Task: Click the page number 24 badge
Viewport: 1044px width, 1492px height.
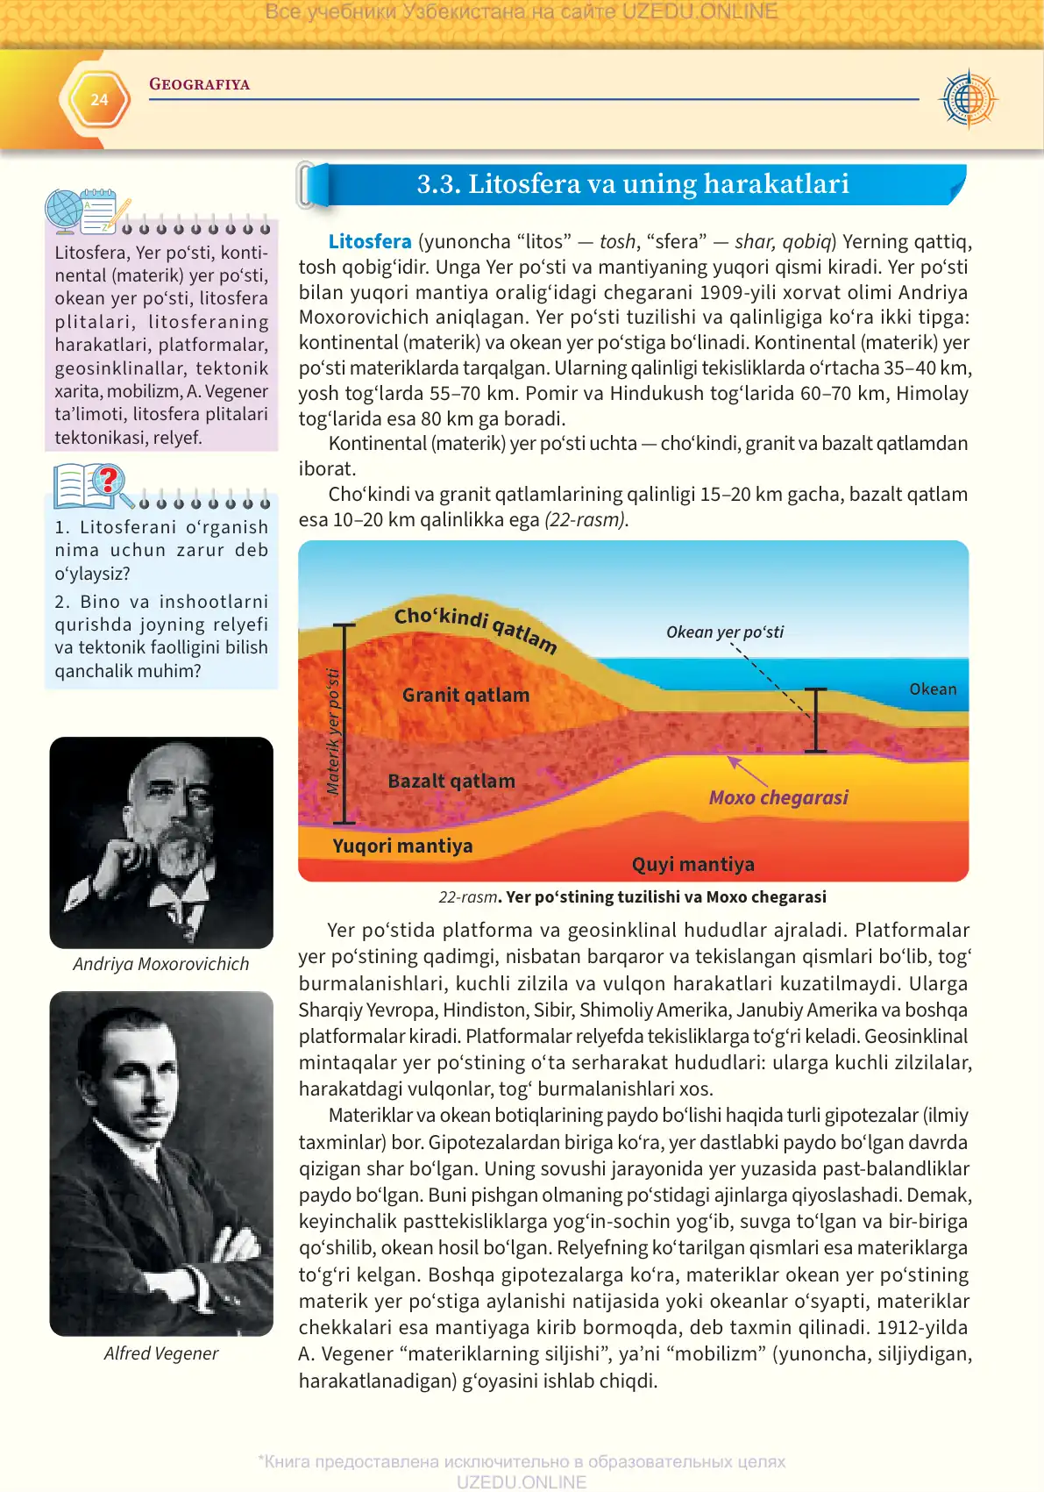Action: click(x=99, y=100)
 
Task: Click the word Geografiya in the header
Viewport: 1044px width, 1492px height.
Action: click(x=199, y=84)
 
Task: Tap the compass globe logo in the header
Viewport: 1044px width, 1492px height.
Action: click(x=968, y=99)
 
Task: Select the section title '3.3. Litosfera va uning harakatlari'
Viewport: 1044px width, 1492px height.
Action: click(x=632, y=184)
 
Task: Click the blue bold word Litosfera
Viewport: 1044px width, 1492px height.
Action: click(x=369, y=242)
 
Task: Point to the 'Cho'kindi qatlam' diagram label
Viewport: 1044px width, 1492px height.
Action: click(x=475, y=628)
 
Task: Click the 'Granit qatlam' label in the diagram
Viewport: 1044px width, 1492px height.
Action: click(x=465, y=696)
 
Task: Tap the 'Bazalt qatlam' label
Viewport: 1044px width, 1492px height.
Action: click(x=451, y=782)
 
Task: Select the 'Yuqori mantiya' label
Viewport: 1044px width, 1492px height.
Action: click(x=402, y=846)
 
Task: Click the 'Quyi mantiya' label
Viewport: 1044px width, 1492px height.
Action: click(x=692, y=865)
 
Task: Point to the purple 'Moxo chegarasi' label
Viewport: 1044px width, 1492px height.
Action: click(x=778, y=798)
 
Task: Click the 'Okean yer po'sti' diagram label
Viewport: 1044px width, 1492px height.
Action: click(x=725, y=632)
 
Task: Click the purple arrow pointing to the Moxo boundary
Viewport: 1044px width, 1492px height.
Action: click(x=746, y=771)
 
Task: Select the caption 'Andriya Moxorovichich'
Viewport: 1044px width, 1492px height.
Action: click(x=161, y=964)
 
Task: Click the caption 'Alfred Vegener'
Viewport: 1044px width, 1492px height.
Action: click(x=161, y=1353)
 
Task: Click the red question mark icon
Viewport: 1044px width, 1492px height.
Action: click(x=109, y=480)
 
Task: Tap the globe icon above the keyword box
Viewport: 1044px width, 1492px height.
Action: click(x=64, y=211)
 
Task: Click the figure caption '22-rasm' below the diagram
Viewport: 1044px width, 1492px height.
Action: click(x=468, y=897)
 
